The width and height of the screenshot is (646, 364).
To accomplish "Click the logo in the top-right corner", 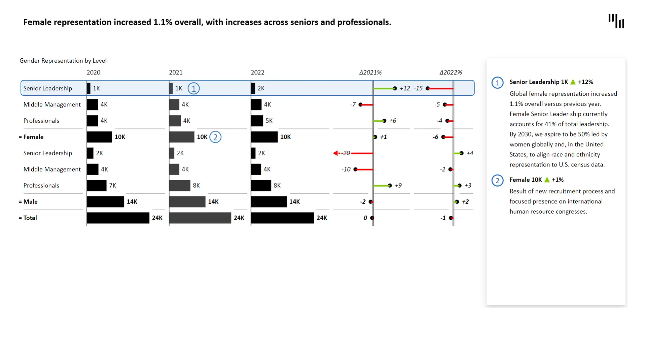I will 616,21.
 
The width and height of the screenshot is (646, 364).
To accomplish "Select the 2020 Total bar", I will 118,218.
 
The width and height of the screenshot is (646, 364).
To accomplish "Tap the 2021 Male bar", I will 187,202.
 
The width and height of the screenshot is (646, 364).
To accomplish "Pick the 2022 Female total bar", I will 264,137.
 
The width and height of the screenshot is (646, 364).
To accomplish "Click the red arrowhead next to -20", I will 335,153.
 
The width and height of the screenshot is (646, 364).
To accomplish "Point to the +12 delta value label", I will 405,88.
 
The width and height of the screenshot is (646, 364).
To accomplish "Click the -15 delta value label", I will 418,88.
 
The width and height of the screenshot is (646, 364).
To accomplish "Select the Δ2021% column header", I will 370,72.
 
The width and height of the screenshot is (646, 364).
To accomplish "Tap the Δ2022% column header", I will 451,72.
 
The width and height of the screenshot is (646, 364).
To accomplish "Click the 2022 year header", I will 257,72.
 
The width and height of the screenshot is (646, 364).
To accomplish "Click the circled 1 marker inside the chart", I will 193,88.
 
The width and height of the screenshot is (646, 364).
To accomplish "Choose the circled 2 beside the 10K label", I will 215,137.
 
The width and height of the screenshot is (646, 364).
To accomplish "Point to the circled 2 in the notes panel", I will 497,180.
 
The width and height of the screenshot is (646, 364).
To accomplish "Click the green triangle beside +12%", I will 573,82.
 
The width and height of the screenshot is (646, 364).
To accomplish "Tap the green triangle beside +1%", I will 547,180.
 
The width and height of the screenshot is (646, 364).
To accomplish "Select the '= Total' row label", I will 28,218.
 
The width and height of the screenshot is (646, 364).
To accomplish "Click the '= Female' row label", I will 31,137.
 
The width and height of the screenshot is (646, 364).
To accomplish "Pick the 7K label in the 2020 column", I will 112,185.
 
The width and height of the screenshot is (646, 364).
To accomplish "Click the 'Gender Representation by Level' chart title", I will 63,61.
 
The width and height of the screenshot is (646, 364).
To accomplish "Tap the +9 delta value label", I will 398,185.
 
